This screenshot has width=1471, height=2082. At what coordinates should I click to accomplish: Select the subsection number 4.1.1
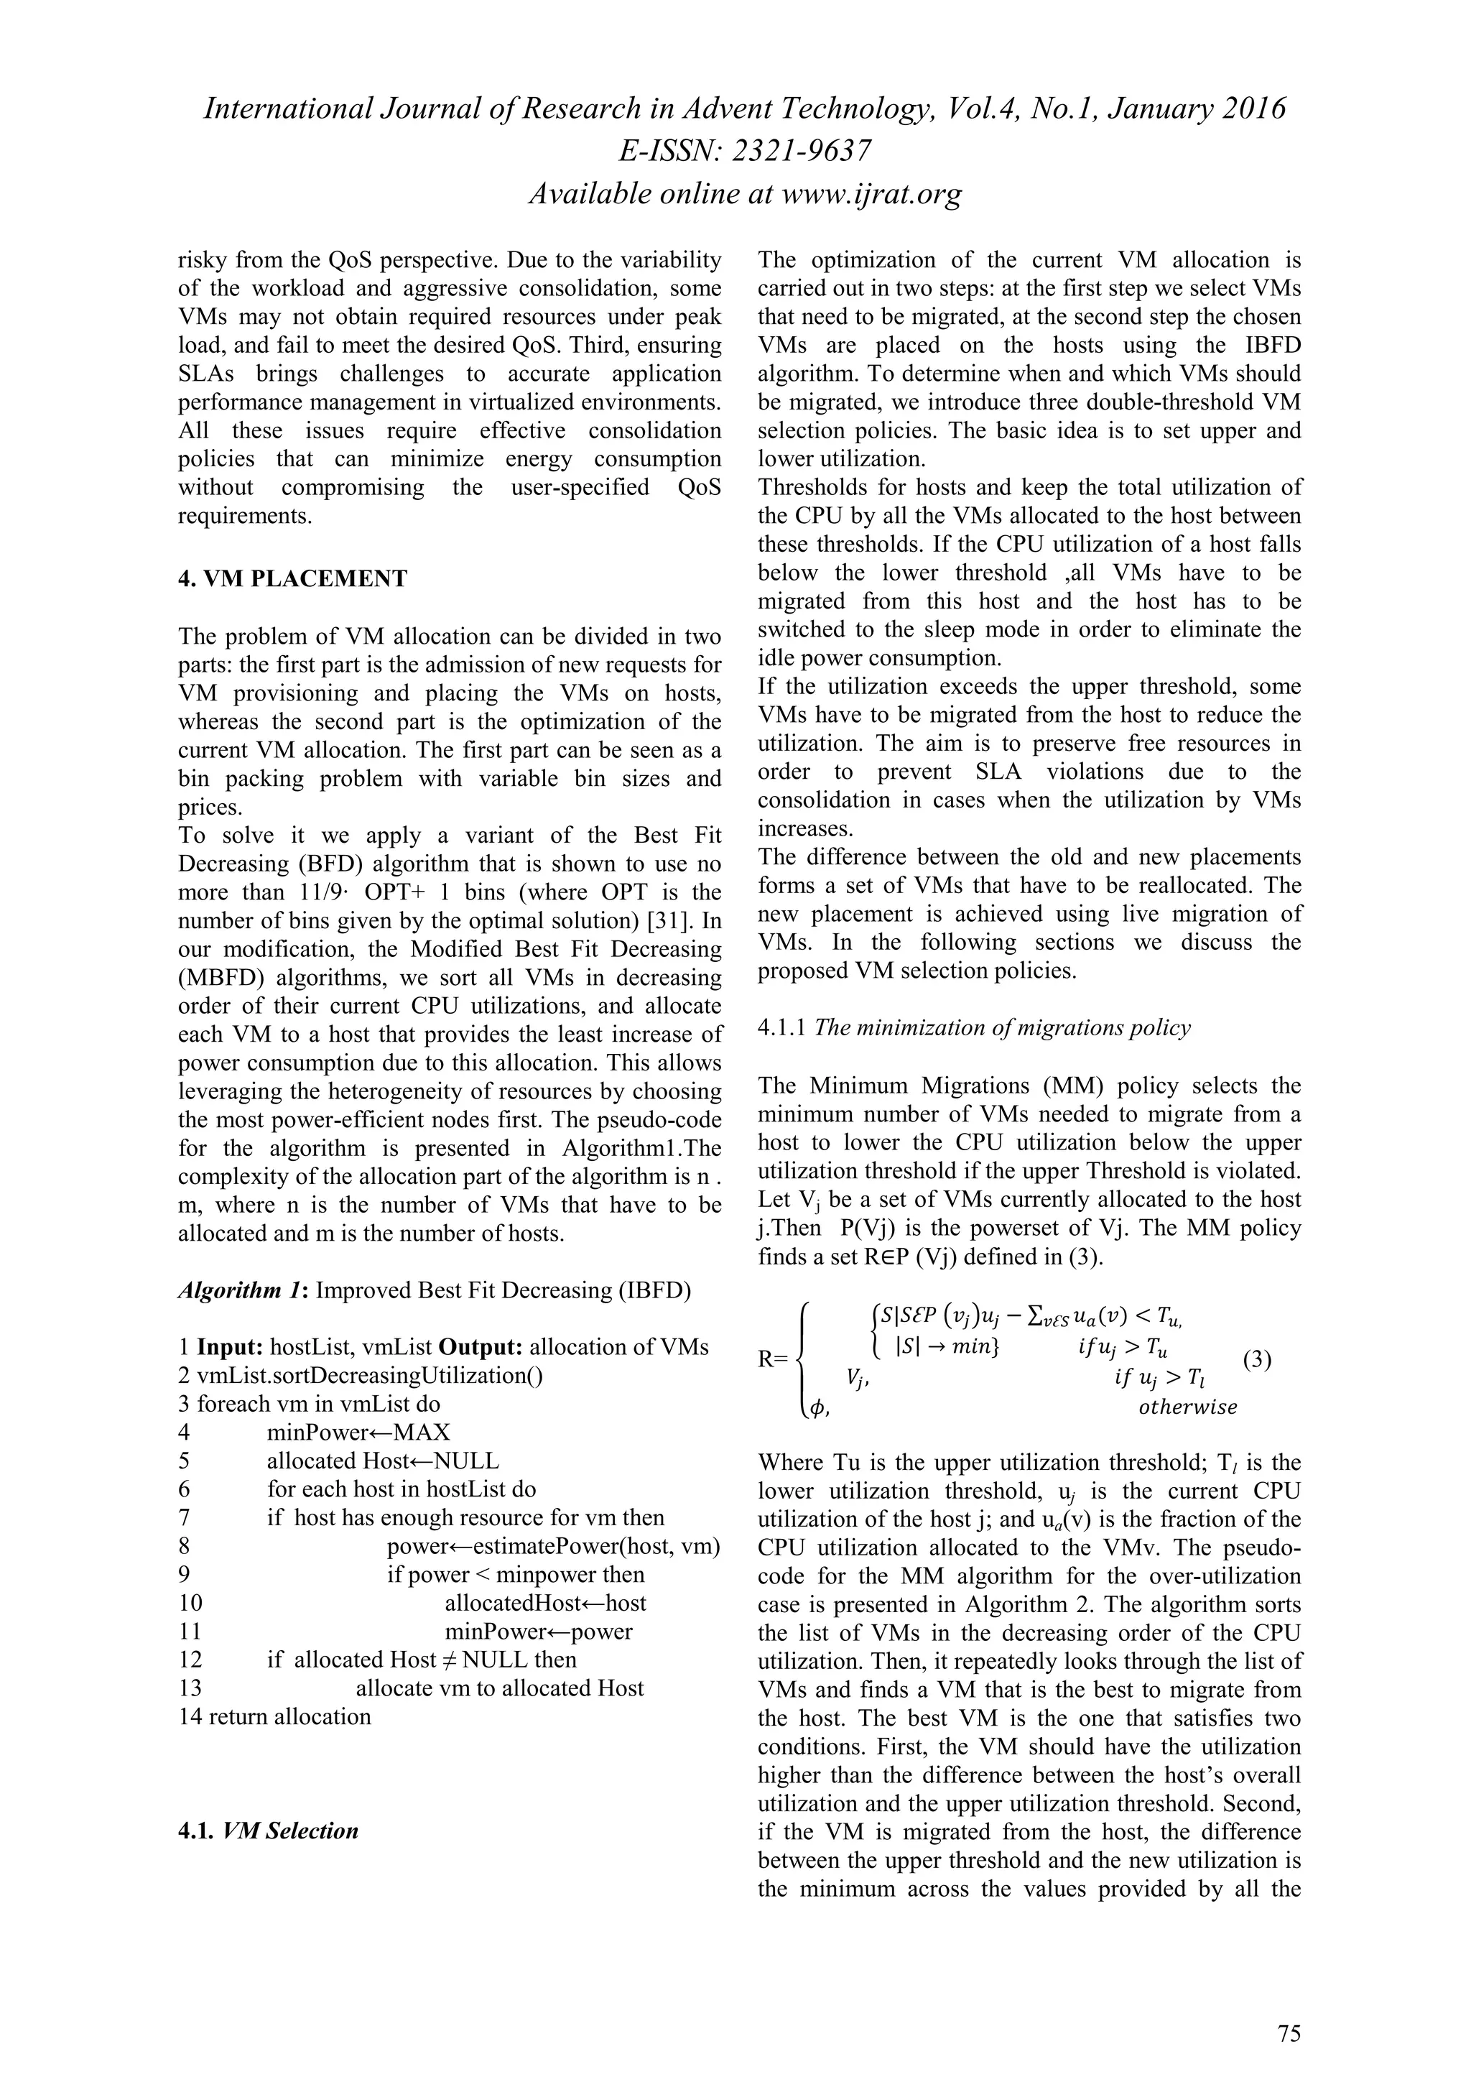click(782, 1027)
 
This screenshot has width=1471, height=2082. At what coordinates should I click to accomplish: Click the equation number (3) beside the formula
click(1256, 1359)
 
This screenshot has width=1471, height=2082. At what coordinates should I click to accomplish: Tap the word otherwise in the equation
click(1187, 1407)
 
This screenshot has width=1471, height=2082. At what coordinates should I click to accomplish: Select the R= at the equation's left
click(773, 1359)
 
